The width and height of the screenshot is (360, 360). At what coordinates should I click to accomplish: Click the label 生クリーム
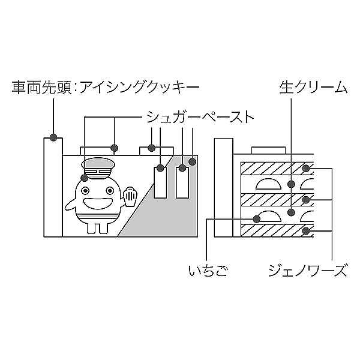tap(313, 88)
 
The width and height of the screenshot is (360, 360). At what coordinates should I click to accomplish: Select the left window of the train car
tap(160, 183)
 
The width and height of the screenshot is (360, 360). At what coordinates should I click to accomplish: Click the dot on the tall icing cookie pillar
tap(53, 138)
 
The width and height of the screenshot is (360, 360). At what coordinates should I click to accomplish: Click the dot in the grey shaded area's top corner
tap(193, 161)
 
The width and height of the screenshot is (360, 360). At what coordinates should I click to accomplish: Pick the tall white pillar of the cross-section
tap(223, 188)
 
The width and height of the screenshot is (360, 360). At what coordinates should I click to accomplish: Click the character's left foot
tap(90, 229)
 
